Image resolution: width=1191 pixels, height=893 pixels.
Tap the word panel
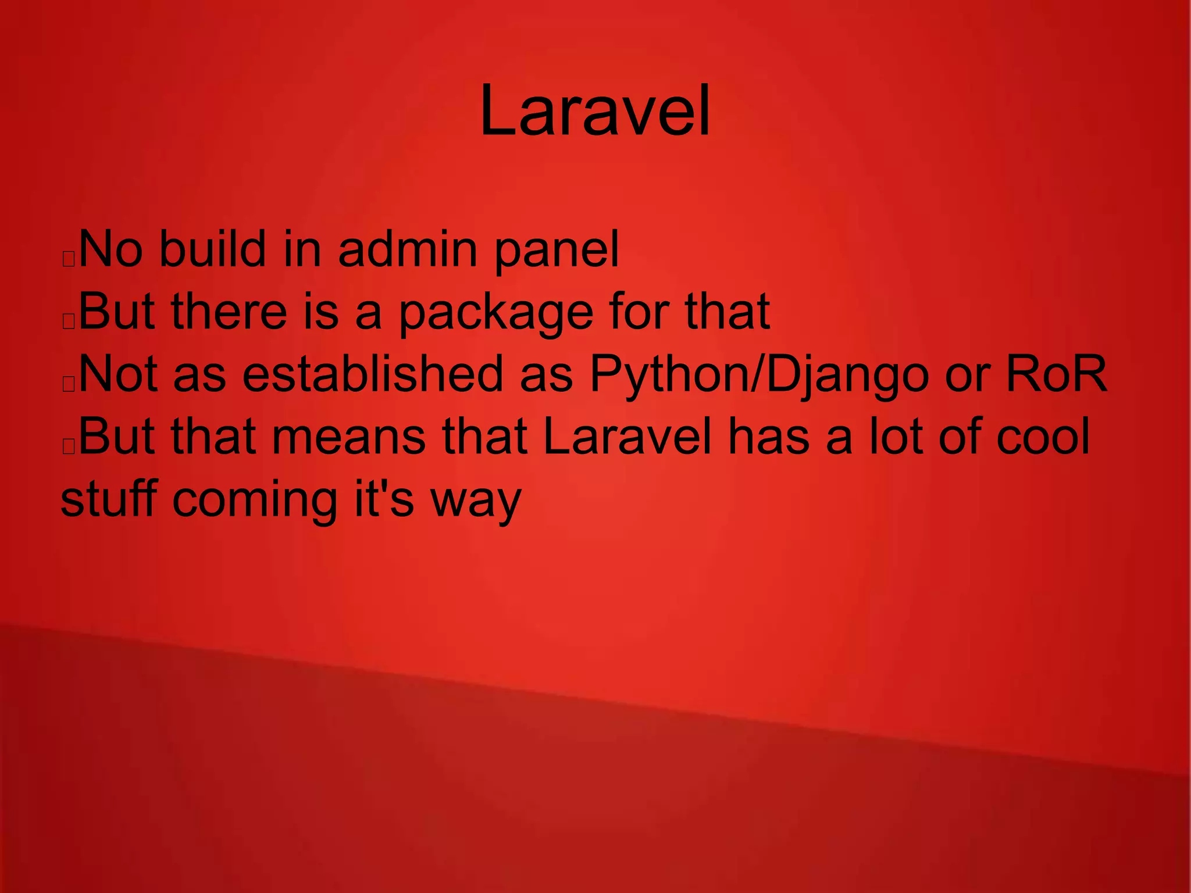[557, 251]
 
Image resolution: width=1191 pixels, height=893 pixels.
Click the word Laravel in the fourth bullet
[627, 437]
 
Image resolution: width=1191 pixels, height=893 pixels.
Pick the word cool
[1043, 437]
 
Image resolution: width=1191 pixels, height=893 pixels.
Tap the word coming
[255, 500]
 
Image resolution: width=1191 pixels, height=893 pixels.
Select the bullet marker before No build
[69, 259]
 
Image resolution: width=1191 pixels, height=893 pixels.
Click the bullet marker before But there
[69, 322]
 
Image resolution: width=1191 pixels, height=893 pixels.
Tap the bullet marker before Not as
[69, 384]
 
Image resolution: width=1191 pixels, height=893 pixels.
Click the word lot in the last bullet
[896, 437]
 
